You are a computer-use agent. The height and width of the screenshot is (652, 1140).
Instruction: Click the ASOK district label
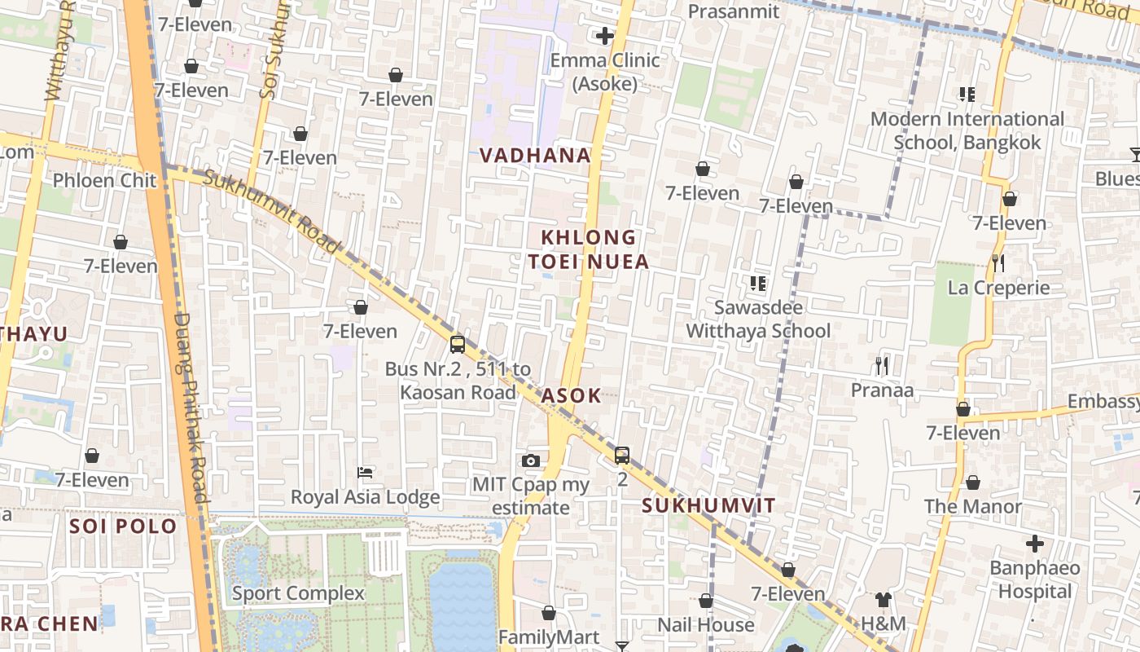click(572, 396)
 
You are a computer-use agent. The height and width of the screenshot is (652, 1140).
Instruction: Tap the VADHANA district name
click(534, 156)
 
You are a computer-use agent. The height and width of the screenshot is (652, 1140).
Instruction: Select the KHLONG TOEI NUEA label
click(588, 249)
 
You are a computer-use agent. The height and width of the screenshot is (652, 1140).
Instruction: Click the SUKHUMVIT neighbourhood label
click(708, 505)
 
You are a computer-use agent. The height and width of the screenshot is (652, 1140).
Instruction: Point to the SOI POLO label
click(123, 526)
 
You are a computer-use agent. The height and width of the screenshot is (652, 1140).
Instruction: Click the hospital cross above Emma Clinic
click(604, 36)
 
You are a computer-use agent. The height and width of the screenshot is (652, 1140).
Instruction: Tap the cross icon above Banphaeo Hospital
click(1034, 543)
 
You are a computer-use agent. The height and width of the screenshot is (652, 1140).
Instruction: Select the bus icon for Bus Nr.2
click(458, 344)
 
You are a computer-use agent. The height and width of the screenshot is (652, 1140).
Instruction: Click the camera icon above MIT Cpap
click(531, 461)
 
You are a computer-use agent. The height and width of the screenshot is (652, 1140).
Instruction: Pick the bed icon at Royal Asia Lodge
click(365, 473)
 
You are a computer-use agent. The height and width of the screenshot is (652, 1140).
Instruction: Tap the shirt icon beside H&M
click(883, 600)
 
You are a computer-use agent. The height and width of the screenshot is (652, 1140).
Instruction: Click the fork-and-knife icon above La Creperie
click(998, 262)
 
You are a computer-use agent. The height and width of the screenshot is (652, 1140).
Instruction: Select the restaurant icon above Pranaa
click(881, 365)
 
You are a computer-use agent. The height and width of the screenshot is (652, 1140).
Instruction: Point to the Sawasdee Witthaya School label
click(758, 319)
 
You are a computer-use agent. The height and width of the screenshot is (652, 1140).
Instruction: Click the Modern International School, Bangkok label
click(967, 130)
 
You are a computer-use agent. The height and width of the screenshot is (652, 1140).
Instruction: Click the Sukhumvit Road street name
click(272, 210)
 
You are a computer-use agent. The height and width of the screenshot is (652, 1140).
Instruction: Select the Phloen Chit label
click(104, 180)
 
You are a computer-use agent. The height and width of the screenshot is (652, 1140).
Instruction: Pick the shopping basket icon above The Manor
click(972, 482)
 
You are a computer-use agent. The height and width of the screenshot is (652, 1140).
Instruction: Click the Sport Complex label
click(298, 593)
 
